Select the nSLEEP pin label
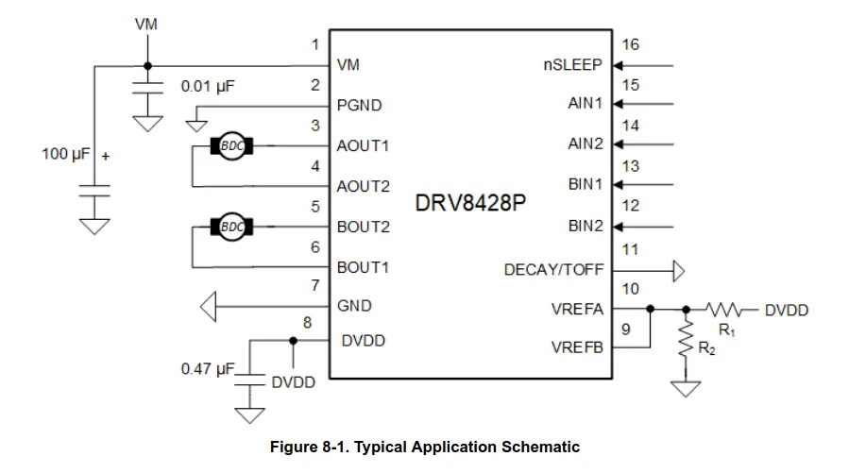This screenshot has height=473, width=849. coord(573,65)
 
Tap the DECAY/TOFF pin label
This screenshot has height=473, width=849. coord(553,270)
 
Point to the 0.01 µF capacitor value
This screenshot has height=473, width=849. coord(208,86)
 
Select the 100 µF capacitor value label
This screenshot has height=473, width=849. coord(65,153)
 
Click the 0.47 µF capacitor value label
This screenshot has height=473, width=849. coord(207,369)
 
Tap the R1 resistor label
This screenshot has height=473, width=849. coord(727,329)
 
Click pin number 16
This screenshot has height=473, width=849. coord(631,44)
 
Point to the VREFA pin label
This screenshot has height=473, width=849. coord(577,309)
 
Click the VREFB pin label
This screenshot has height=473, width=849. coord(577,347)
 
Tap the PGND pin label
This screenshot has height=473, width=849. coord(360,106)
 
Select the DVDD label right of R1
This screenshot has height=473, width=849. coord(786,310)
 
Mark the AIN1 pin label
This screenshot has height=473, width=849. coord(585,103)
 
